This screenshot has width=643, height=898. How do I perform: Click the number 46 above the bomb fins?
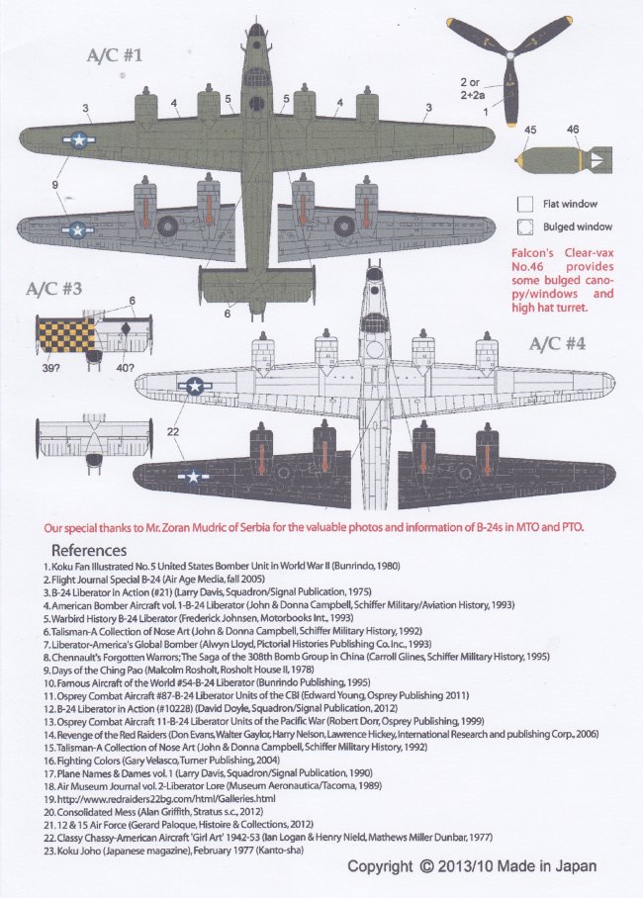[573, 129]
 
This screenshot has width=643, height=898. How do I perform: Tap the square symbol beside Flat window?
[526, 203]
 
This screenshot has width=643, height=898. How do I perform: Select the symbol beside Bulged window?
[526, 225]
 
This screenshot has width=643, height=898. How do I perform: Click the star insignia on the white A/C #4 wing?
[194, 387]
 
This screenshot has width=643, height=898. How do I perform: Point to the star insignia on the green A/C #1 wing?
[77, 140]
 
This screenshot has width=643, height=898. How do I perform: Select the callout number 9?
[56, 184]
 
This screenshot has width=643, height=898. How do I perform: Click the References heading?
[89, 550]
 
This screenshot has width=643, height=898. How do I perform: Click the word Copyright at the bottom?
[380, 866]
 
